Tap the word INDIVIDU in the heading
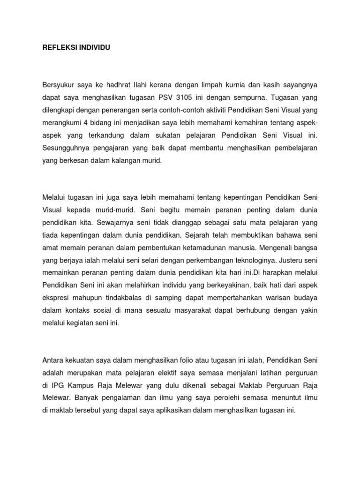tap(94, 48)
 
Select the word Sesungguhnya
tap(65, 148)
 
